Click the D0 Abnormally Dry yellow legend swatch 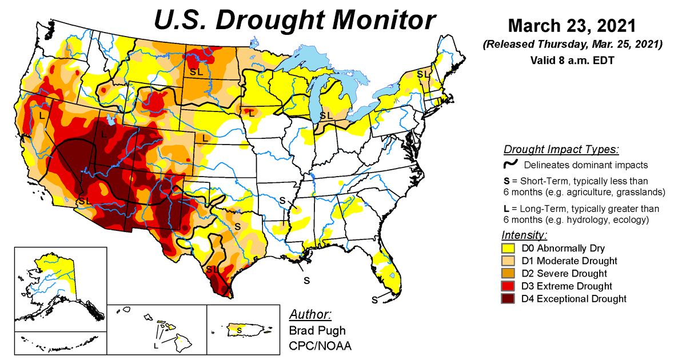[x=508, y=249]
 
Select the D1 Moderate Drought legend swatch [x=508, y=261]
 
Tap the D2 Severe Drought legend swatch [x=508, y=274]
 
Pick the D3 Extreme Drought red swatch [x=508, y=286]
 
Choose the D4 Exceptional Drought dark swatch [x=508, y=299]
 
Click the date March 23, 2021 [x=571, y=26]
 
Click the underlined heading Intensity [x=524, y=235]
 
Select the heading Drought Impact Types [x=561, y=150]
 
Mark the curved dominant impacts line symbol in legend [x=510, y=165]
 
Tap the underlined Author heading [x=310, y=315]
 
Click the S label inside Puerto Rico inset [x=240, y=330]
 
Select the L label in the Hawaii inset [x=155, y=346]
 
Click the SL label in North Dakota [x=196, y=72]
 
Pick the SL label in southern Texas [x=212, y=269]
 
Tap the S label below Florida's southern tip [x=374, y=299]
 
